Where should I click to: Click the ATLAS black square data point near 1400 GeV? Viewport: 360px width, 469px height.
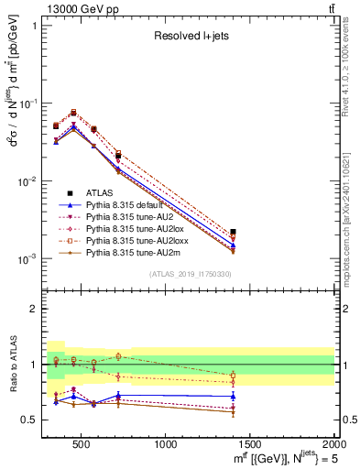[234, 233]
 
